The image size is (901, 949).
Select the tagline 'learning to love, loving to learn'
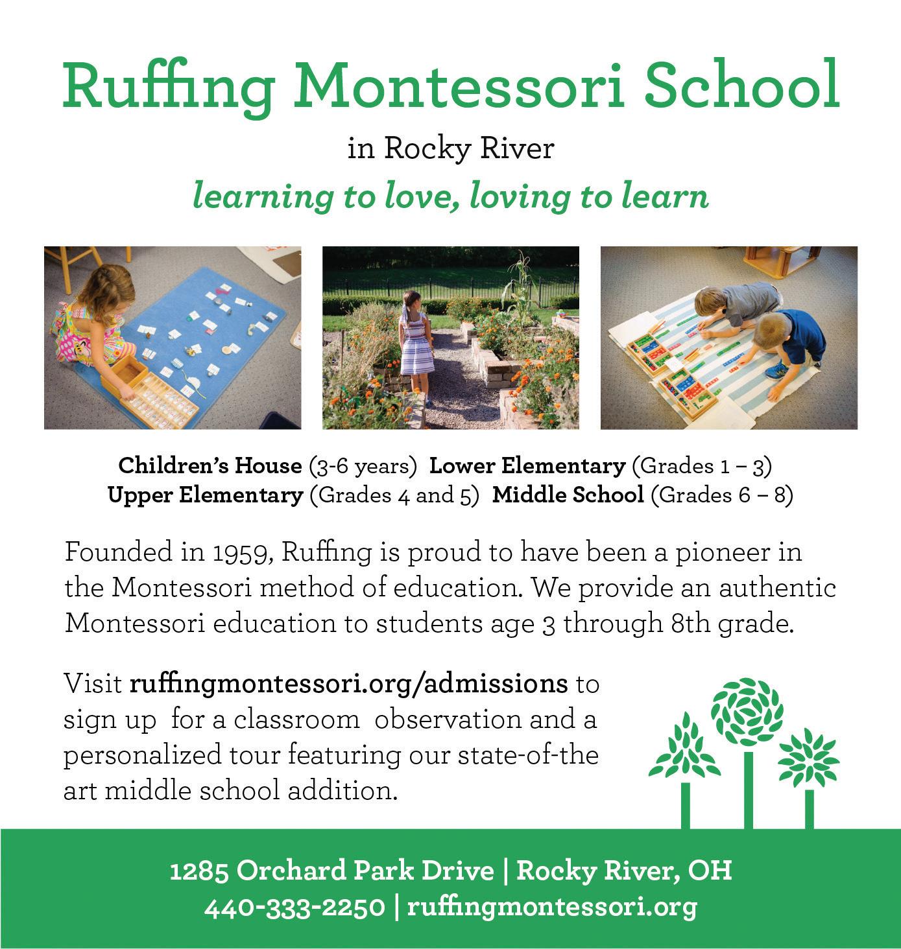450,196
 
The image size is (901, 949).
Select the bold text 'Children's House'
210,465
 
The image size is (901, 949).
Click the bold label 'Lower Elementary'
527,465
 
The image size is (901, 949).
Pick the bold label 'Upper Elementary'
205,495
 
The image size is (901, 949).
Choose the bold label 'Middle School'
568,495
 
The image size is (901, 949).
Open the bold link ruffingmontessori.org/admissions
348,684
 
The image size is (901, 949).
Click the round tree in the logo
747,713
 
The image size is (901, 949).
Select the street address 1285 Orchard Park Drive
331,871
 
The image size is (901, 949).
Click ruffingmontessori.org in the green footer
551,907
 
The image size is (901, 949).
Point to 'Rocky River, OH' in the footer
624,871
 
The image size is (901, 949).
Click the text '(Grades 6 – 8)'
721,495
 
